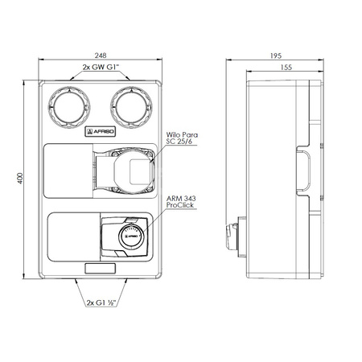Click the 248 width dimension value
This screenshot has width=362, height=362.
[x=101, y=56]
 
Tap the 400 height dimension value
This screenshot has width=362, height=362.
[x=20, y=179]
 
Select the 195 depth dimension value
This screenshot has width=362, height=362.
[x=276, y=56]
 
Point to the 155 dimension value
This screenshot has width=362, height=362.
[x=286, y=68]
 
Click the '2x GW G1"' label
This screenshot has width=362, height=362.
[x=101, y=67]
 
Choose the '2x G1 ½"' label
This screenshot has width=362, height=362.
[x=101, y=302]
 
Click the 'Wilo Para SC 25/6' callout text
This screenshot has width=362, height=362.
[x=182, y=138]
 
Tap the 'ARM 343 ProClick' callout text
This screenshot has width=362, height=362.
[x=181, y=202]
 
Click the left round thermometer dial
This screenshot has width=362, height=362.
[x=69, y=107]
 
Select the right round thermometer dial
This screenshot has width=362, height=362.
[x=131, y=107]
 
